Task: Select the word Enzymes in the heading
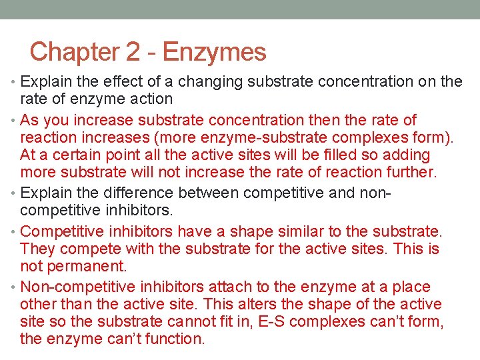point(214,52)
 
